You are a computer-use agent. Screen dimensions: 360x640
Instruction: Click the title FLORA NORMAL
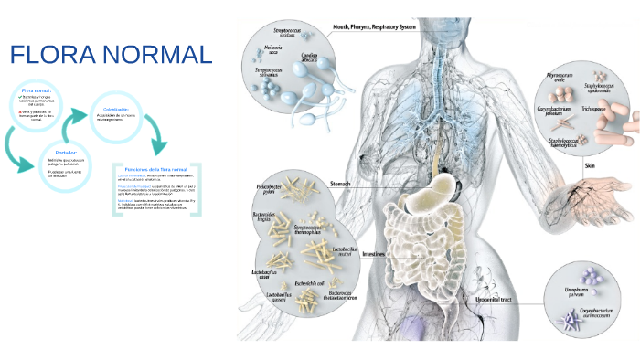(x=111, y=56)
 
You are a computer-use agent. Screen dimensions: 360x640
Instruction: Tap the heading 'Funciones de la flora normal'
(x=155, y=170)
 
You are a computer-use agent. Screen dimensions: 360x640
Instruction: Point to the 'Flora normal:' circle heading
(x=37, y=91)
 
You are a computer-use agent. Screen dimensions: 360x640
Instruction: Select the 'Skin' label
(x=589, y=165)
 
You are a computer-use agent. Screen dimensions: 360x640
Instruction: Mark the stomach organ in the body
(x=445, y=189)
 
